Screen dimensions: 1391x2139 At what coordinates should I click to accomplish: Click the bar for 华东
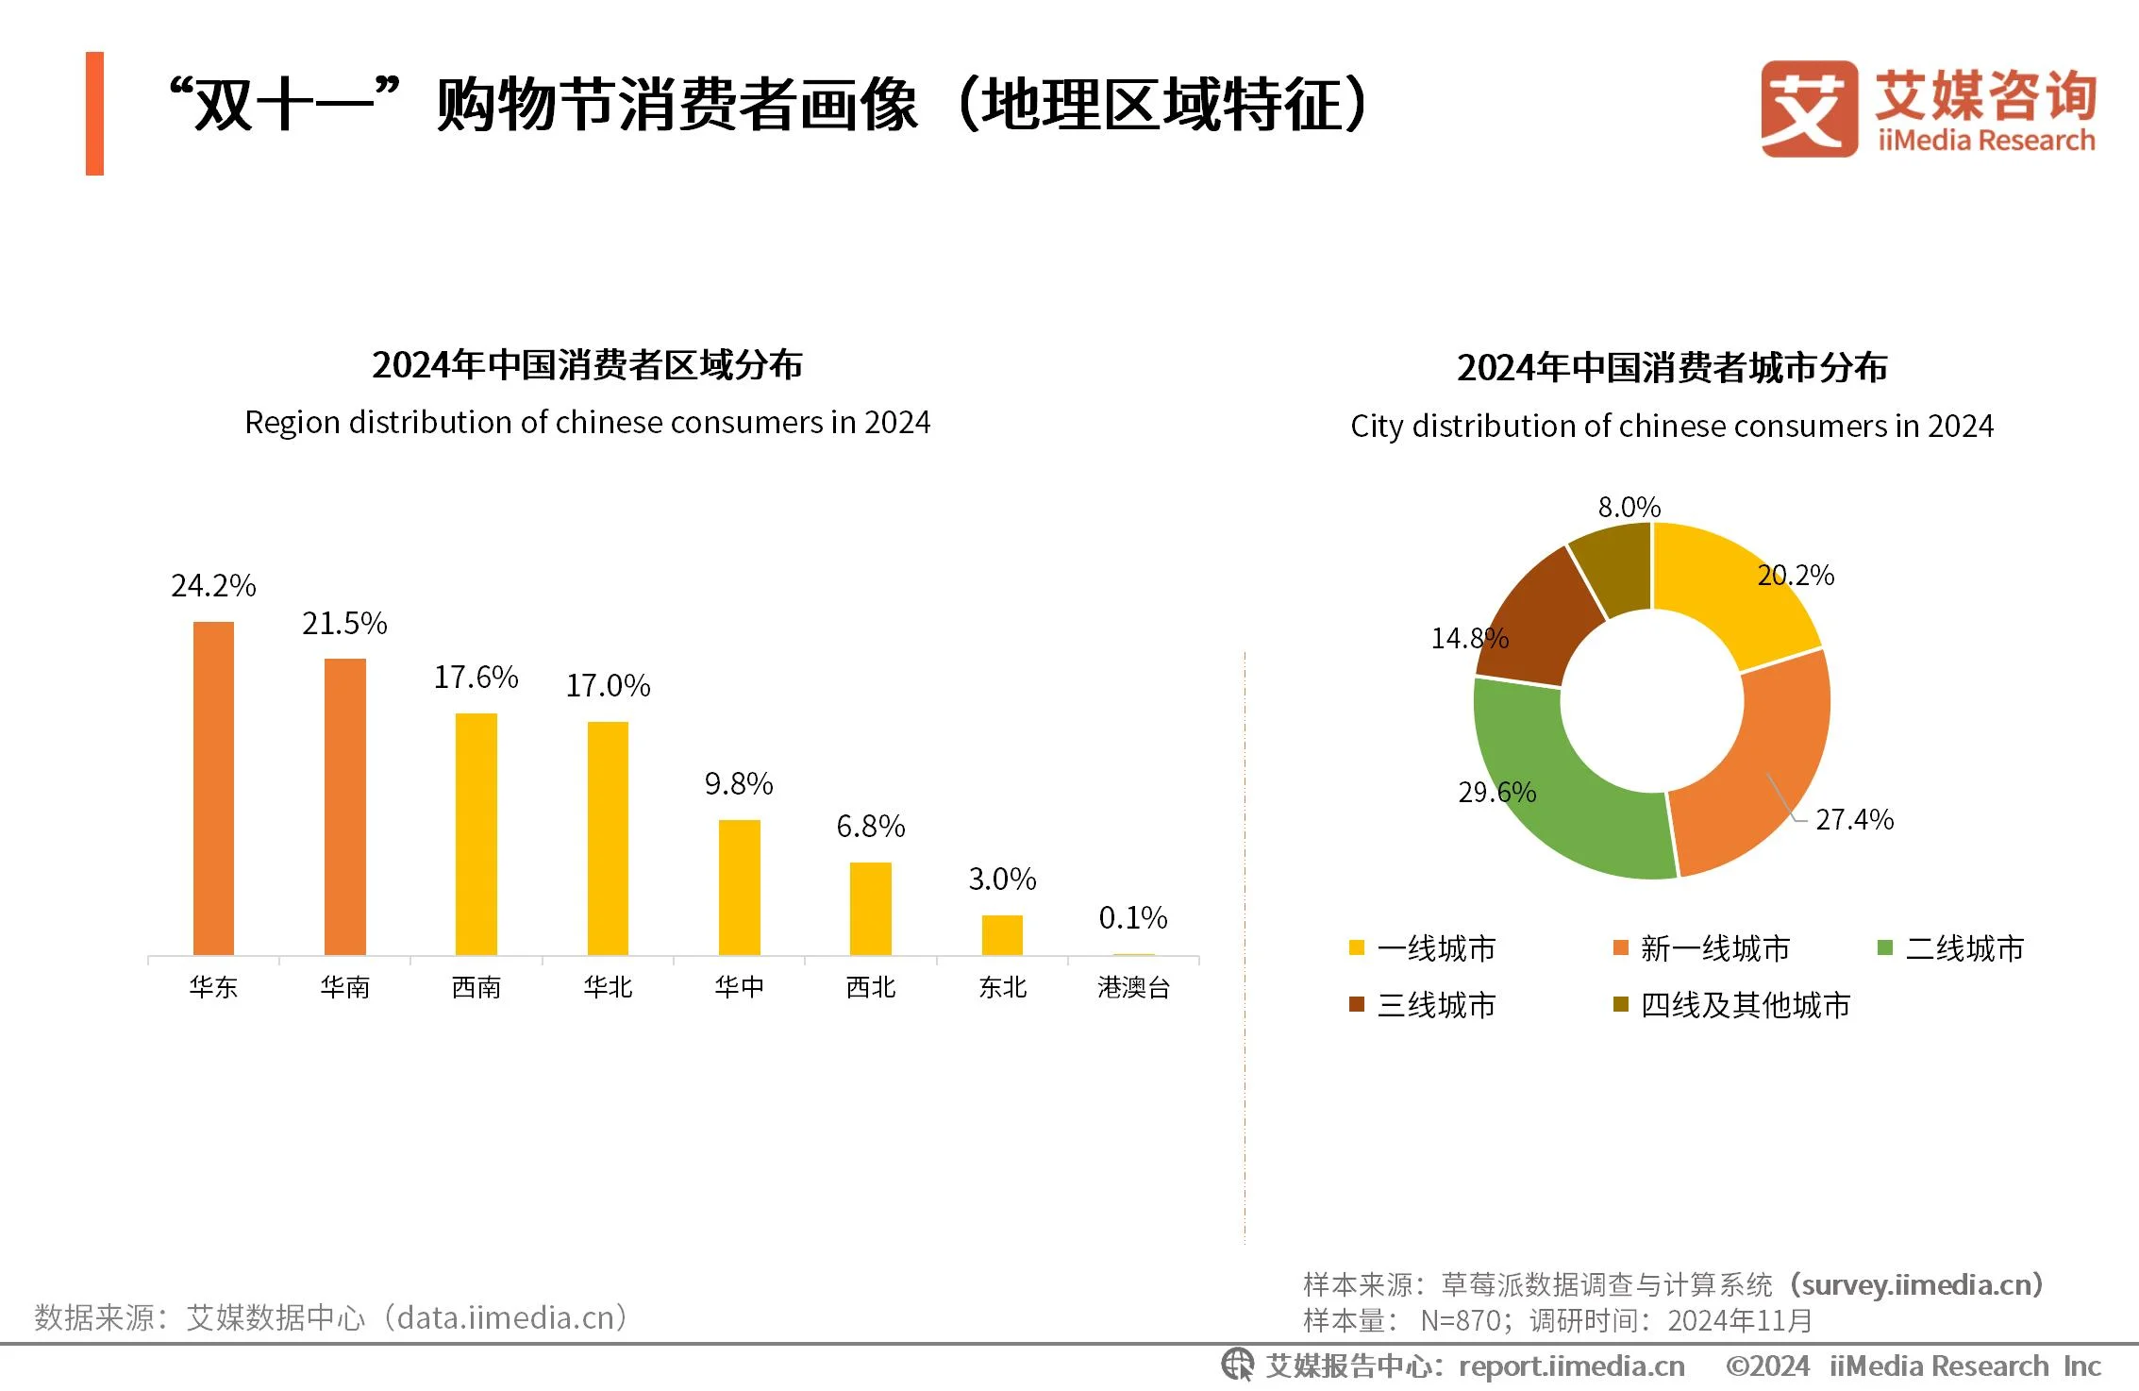pyautogui.click(x=213, y=788)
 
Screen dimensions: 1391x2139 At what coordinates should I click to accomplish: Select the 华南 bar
pyautogui.click(x=344, y=807)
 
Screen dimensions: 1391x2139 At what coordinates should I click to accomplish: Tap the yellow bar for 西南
pyautogui.click(x=476, y=834)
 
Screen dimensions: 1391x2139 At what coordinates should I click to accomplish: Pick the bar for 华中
pyautogui.click(x=739, y=887)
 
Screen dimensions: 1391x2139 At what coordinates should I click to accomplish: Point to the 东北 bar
pyautogui.click(x=1002, y=935)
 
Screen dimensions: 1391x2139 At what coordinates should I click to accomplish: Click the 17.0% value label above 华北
pyautogui.click(x=608, y=686)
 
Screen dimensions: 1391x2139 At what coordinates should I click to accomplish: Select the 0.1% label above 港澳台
pyautogui.click(x=1132, y=917)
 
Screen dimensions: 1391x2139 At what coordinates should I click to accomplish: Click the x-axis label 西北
pyautogui.click(x=870, y=987)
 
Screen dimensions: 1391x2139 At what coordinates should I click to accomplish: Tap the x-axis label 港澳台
pyautogui.click(x=1133, y=987)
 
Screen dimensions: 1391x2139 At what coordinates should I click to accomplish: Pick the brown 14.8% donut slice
pyautogui.click(x=1538, y=623)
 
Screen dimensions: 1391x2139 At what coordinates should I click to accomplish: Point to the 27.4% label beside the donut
pyautogui.click(x=1854, y=819)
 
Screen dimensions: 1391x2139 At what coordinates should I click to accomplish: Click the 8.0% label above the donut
pyautogui.click(x=1629, y=508)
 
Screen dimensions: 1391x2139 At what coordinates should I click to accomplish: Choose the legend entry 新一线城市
pyautogui.click(x=1714, y=948)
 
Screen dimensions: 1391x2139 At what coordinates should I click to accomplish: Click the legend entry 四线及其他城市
pyautogui.click(x=1745, y=1005)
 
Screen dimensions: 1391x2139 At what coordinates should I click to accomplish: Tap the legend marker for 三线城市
pyautogui.click(x=1357, y=1004)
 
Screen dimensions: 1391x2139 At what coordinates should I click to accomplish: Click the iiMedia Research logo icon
pyautogui.click(x=1808, y=109)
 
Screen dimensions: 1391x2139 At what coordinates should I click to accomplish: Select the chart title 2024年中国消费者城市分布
pyautogui.click(x=1671, y=368)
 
